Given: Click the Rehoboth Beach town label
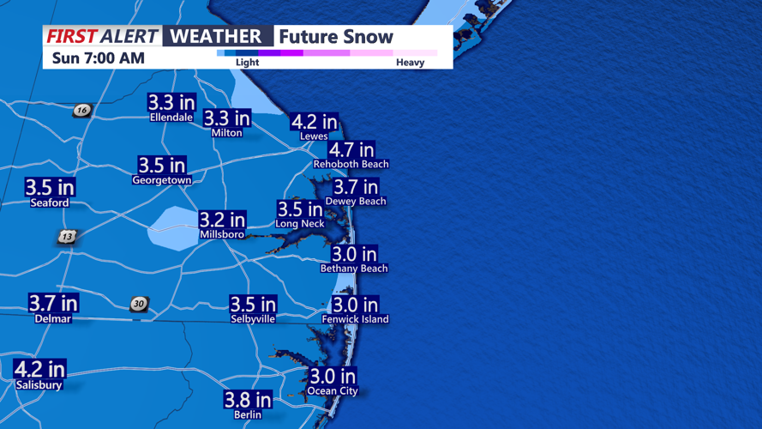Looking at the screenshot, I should tap(351, 164).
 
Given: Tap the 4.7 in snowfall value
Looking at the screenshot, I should tap(351, 149).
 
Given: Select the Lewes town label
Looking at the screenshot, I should tap(314, 136).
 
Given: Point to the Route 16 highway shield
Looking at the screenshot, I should tap(81, 110).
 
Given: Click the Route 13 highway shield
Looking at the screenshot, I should tap(68, 236).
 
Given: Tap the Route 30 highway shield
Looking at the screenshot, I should tap(139, 304).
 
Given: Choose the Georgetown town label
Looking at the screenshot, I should tap(161, 180).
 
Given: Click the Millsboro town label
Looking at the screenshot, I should tap(222, 234).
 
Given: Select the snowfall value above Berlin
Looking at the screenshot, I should tap(248, 400).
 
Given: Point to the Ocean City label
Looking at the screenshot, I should tap(333, 391).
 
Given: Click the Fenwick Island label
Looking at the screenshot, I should tap(355, 319).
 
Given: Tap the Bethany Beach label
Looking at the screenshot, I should tap(354, 269).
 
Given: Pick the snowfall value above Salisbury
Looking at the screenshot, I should tap(39, 370).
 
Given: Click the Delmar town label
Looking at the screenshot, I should tap(53, 318).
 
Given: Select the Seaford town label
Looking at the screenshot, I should tap(50, 202).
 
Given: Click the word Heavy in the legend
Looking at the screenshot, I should tap(410, 63).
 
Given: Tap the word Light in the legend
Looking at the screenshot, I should tap(247, 63).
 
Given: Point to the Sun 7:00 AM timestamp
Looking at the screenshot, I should tap(98, 58).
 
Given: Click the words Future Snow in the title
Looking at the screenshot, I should tap(336, 37).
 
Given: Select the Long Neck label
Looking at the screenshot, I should tap(300, 224).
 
